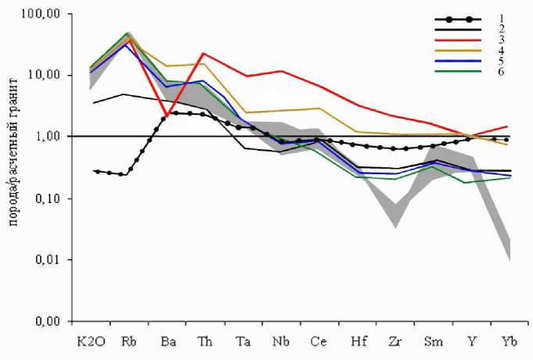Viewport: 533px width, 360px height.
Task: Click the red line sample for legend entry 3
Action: (x=453, y=46)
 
